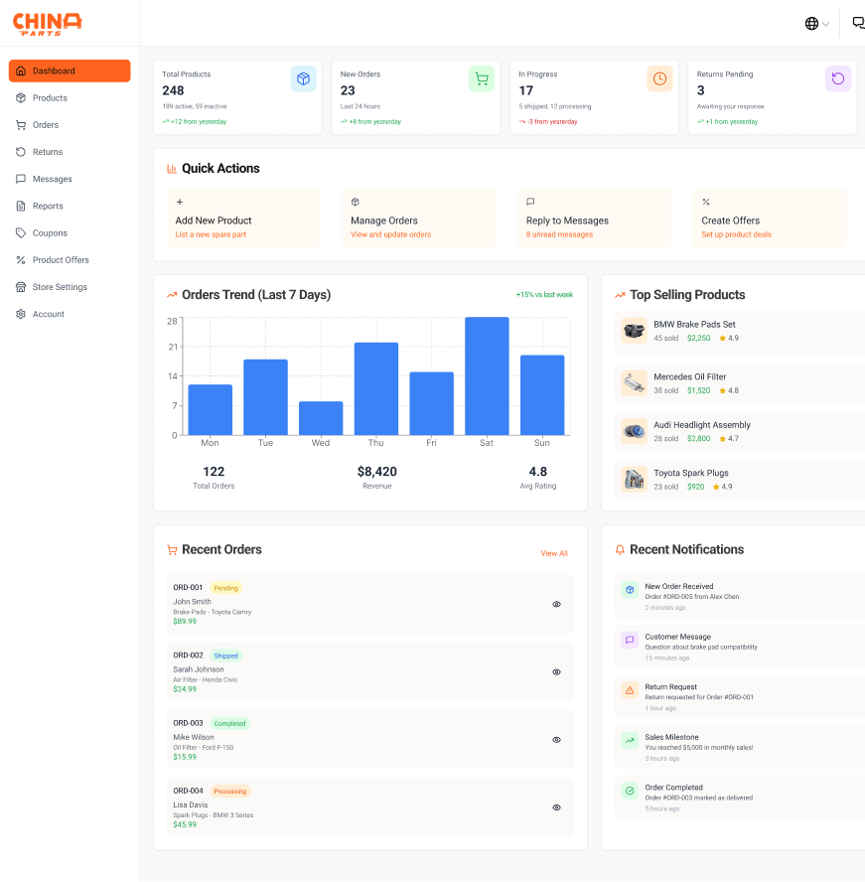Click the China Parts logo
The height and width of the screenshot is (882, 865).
tap(48, 24)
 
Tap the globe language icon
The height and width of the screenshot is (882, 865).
tap(811, 24)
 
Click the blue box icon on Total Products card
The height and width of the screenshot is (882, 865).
tap(303, 78)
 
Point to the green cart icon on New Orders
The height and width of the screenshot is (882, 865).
tap(482, 78)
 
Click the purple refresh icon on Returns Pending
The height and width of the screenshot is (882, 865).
tap(838, 78)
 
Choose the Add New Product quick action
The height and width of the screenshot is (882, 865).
tap(243, 219)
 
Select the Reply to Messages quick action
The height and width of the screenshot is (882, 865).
tap(594, 219)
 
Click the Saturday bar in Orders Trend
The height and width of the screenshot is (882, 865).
tap(487, 375)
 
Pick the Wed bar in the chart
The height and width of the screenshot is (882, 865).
tap(321, 418)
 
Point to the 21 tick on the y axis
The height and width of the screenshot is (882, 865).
tap(173, 347)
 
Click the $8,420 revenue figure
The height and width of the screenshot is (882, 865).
tap(376, 472)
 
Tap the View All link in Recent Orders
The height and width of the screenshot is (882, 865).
tap(554, 553)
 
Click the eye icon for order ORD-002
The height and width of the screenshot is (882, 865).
tap(556, 672)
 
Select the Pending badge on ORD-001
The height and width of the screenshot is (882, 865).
tap(225, 588)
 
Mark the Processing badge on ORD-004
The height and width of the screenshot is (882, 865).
tap(230, 791)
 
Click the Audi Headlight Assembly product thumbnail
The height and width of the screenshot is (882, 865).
tap(634, 431)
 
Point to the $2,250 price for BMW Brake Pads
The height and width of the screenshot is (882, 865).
tap(698, 338)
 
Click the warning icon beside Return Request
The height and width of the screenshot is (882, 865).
tap(630, 690)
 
